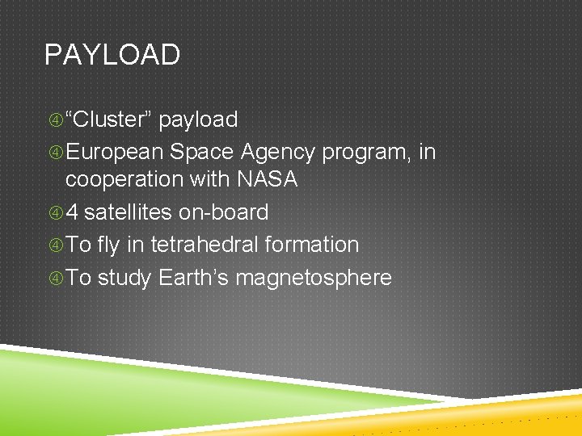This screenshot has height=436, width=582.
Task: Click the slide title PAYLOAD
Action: pos(112,55)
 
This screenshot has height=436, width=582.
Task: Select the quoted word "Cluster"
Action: pos(109,119)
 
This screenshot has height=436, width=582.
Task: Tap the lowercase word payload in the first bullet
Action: pos(198,120)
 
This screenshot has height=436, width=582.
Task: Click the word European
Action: pos(115,152)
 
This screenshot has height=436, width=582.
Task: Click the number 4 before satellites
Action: pos(72,212)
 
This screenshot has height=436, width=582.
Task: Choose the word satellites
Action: pos(128,212)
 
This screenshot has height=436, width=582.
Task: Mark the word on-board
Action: pos(223,212)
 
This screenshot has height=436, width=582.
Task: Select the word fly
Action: pos(108,245)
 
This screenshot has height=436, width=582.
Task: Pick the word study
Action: pos(124,279)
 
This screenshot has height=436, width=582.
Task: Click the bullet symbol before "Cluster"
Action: pos(55,120)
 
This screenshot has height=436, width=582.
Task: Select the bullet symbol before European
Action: pos(55,153)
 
